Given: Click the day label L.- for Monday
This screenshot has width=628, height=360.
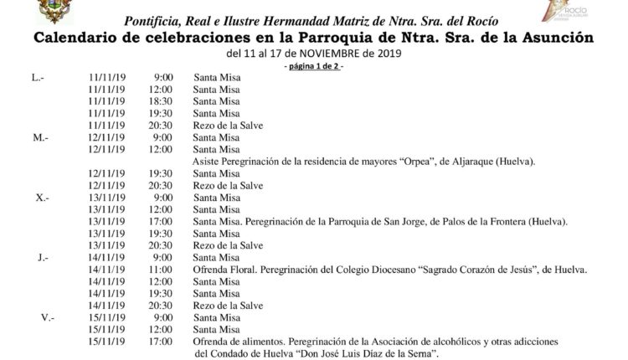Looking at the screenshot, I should click(x=38, y=77).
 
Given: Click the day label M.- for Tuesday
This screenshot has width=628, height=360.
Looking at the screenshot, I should click(x=40, y=137).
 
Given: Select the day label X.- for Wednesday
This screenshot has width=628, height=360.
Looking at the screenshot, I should click(x=41, y=198).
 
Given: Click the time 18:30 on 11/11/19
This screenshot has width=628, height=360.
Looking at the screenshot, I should click(x=162, y=101).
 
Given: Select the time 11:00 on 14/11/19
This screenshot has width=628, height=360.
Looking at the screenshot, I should click(x=162, y=270).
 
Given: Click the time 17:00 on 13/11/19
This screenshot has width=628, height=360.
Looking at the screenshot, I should click(x=162, y=222).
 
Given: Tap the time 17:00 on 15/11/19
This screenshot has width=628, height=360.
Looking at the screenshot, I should click(x=162, y=342).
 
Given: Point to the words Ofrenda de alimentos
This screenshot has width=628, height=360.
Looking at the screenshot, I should click(x=236, y=342).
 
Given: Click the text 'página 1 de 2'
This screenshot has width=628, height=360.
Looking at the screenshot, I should click(x=314, y=65).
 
